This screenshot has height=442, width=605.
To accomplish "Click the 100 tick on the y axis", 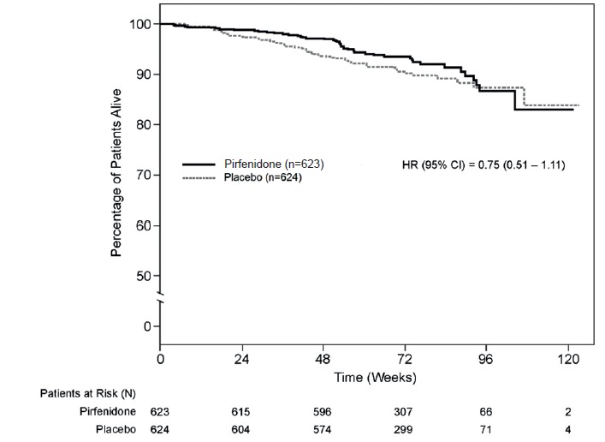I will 140,24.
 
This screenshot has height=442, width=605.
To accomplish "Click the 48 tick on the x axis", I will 323,359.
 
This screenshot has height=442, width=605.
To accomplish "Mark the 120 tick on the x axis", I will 568,359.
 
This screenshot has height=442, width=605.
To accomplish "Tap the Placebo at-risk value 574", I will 323,430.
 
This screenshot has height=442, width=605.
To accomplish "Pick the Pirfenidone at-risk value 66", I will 487,412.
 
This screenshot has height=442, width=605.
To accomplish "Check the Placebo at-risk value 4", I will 568,430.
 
